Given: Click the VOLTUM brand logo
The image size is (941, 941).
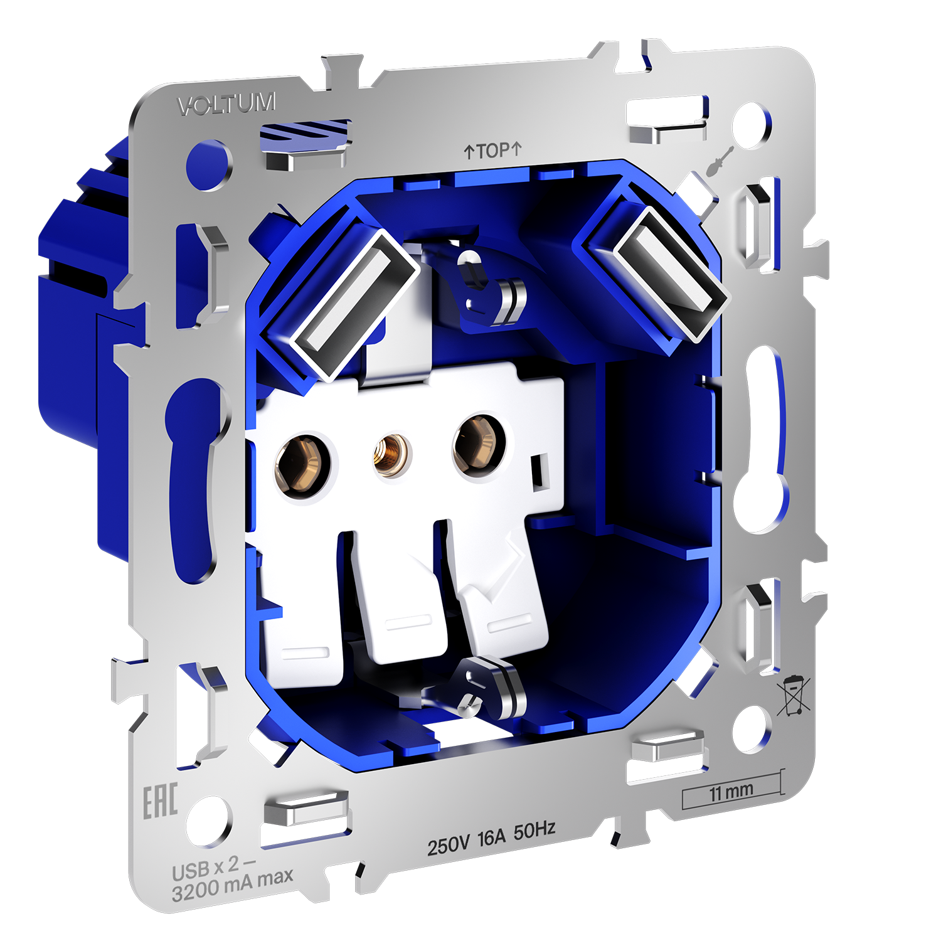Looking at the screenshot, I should (226, 104).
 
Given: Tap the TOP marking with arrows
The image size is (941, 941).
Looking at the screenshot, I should (492, 151).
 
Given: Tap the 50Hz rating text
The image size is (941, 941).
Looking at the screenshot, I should (534, 831).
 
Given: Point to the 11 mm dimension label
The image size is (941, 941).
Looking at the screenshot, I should (731, 792).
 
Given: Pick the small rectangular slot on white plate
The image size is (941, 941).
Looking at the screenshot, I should (538, 471).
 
